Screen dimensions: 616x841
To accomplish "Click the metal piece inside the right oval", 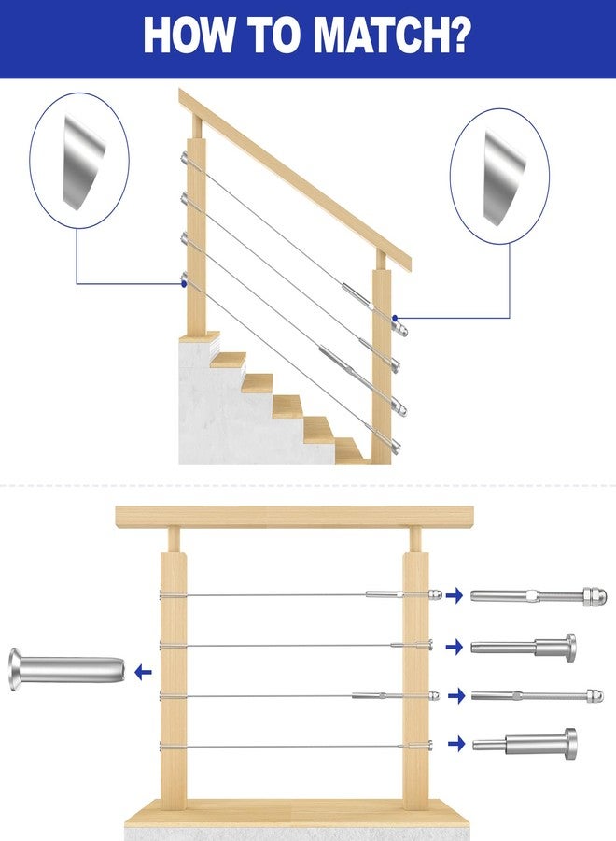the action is (503, 177).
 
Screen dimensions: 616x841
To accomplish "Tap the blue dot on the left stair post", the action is (185, 283).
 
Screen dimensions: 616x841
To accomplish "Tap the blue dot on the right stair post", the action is (395, 318).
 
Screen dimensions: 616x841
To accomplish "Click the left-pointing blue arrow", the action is (143, 672).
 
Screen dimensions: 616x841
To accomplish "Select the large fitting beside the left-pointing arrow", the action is (67, 669).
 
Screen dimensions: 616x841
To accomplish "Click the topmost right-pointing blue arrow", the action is (455, 595).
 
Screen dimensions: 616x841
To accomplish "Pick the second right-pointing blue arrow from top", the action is (455, 647).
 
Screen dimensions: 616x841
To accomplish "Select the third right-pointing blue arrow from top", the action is (455, 696).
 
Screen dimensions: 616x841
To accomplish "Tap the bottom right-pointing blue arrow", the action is (456, 744).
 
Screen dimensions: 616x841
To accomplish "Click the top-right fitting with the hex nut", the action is (539, 596).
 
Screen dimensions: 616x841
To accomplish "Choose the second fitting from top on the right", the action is (524, 646).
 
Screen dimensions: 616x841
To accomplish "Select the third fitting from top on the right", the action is (538, 696).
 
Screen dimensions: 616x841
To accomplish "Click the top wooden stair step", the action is (228, 360).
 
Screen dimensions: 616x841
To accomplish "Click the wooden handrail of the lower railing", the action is (295, 517).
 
